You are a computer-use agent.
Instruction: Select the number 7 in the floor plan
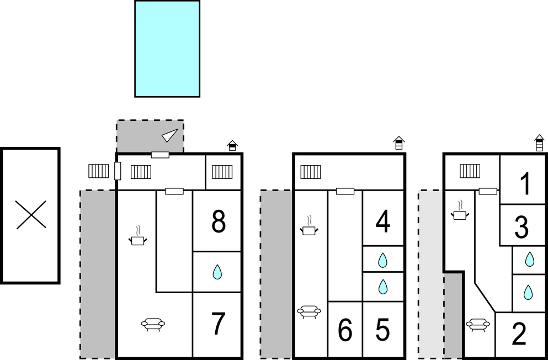tap(219, 324)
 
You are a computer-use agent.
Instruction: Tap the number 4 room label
tap(383, 223)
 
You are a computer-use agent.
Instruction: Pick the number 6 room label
tap(345, 330)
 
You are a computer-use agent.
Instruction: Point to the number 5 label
tap(383, 330)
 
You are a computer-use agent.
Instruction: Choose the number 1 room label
tap(525, 184)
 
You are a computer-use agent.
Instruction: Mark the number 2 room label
tap(519, 334)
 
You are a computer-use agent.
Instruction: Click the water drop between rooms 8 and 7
tap(217, 272)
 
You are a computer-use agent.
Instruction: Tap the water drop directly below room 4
tap(382, 259)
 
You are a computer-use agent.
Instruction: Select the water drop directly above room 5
tap(382, 287)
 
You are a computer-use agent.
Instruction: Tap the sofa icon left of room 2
tap(478, 325)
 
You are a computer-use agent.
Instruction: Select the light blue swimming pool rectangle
tap(167, 49)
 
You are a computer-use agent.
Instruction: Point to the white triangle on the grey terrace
tap(170, 135)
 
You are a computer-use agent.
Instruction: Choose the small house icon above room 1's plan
tap(539, 143)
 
